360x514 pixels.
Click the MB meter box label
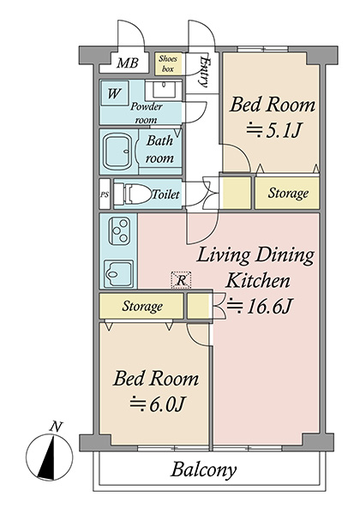(128, 63)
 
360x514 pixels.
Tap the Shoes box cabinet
(167, 63)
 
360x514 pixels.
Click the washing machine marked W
(114, 93)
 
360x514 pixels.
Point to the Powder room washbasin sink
(163, 90)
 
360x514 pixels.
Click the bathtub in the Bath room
(118, 152)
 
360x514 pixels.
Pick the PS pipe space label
(105, 194)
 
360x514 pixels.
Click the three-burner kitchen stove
(118, 231)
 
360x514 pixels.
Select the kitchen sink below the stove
(118, 273)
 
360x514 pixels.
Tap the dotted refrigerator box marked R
(182, 280)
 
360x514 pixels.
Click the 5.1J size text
(273, 131)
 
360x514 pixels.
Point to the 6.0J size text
(158, 404)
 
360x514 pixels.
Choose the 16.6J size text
(259, 306)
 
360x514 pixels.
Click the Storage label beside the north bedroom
(288, 193)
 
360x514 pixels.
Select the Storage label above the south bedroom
(142, 306)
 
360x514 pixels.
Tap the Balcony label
(203, 470)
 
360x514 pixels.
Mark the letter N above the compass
(57, 427)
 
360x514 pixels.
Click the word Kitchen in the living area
(258, 281)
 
